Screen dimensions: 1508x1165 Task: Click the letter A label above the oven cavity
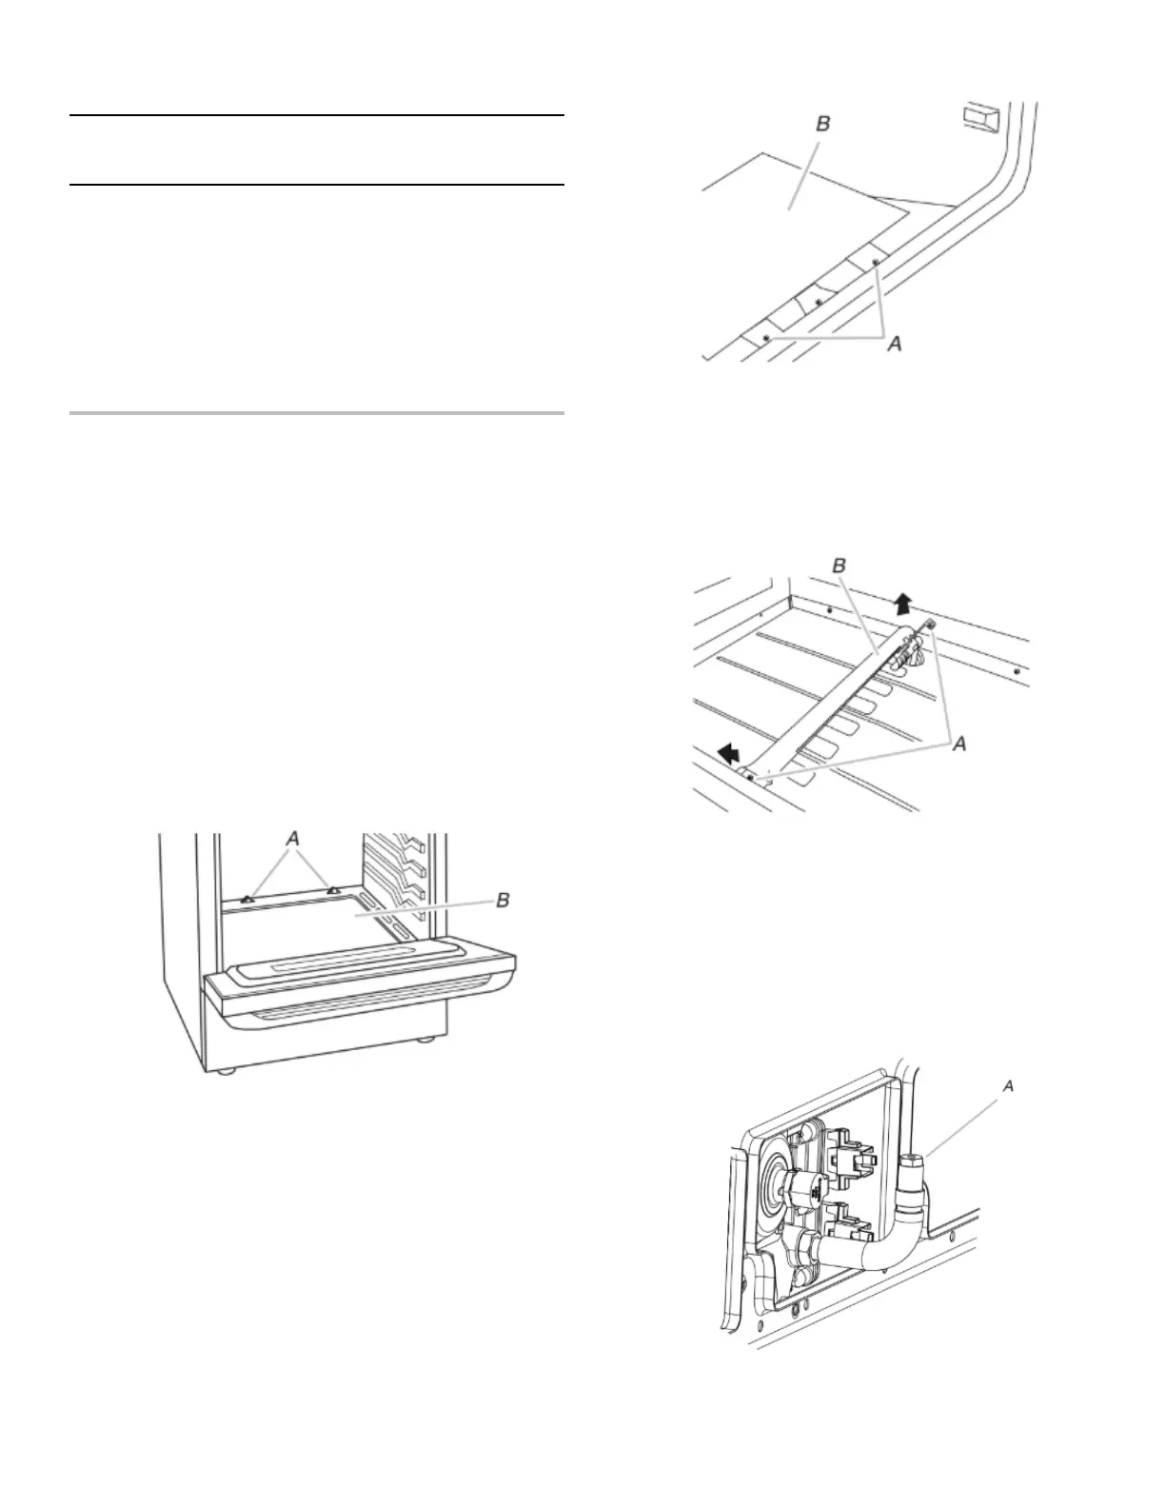coord(293,839)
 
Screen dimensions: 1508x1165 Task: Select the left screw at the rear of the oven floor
coord(247,897)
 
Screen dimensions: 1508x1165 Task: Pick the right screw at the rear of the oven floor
coord(334,891)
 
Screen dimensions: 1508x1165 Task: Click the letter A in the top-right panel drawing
coord(894,345)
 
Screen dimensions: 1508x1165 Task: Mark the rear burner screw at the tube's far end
coord(930,624)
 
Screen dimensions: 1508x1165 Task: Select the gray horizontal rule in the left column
coord(317,414)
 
